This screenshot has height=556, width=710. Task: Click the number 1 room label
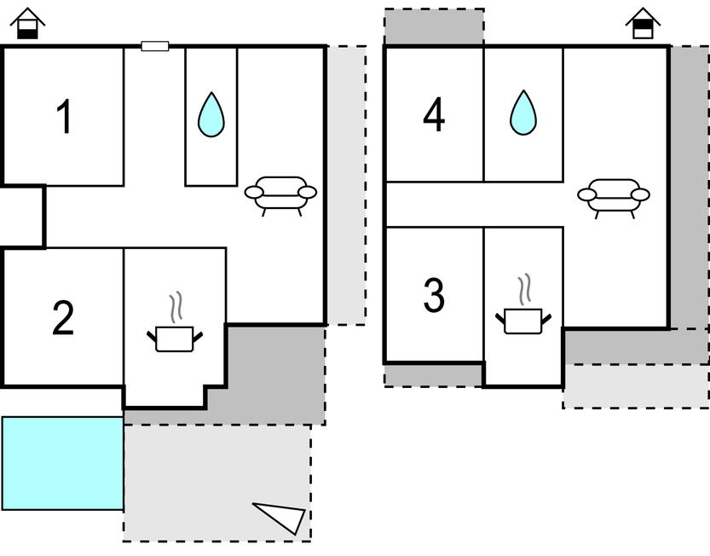pos(63,118)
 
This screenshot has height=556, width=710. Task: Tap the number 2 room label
pos(63,319)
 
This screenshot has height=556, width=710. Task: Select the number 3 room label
pos(434,295)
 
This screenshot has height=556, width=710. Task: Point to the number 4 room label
pos(434,116)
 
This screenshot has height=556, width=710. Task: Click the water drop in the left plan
pos(211,114)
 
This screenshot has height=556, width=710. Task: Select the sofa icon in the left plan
pos(280,194)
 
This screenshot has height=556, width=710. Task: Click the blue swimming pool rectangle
pos(63,463)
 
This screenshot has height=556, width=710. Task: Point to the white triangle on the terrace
pos(282,517)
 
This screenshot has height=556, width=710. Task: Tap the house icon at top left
pos(29,24)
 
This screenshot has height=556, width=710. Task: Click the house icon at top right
pos(643,24)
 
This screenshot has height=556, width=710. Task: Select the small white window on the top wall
pos(155,46)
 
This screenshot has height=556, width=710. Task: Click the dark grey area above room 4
pos(434,26)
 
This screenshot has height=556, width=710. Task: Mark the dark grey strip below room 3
pos(433,375)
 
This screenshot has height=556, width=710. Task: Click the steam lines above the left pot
pos(176,306)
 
